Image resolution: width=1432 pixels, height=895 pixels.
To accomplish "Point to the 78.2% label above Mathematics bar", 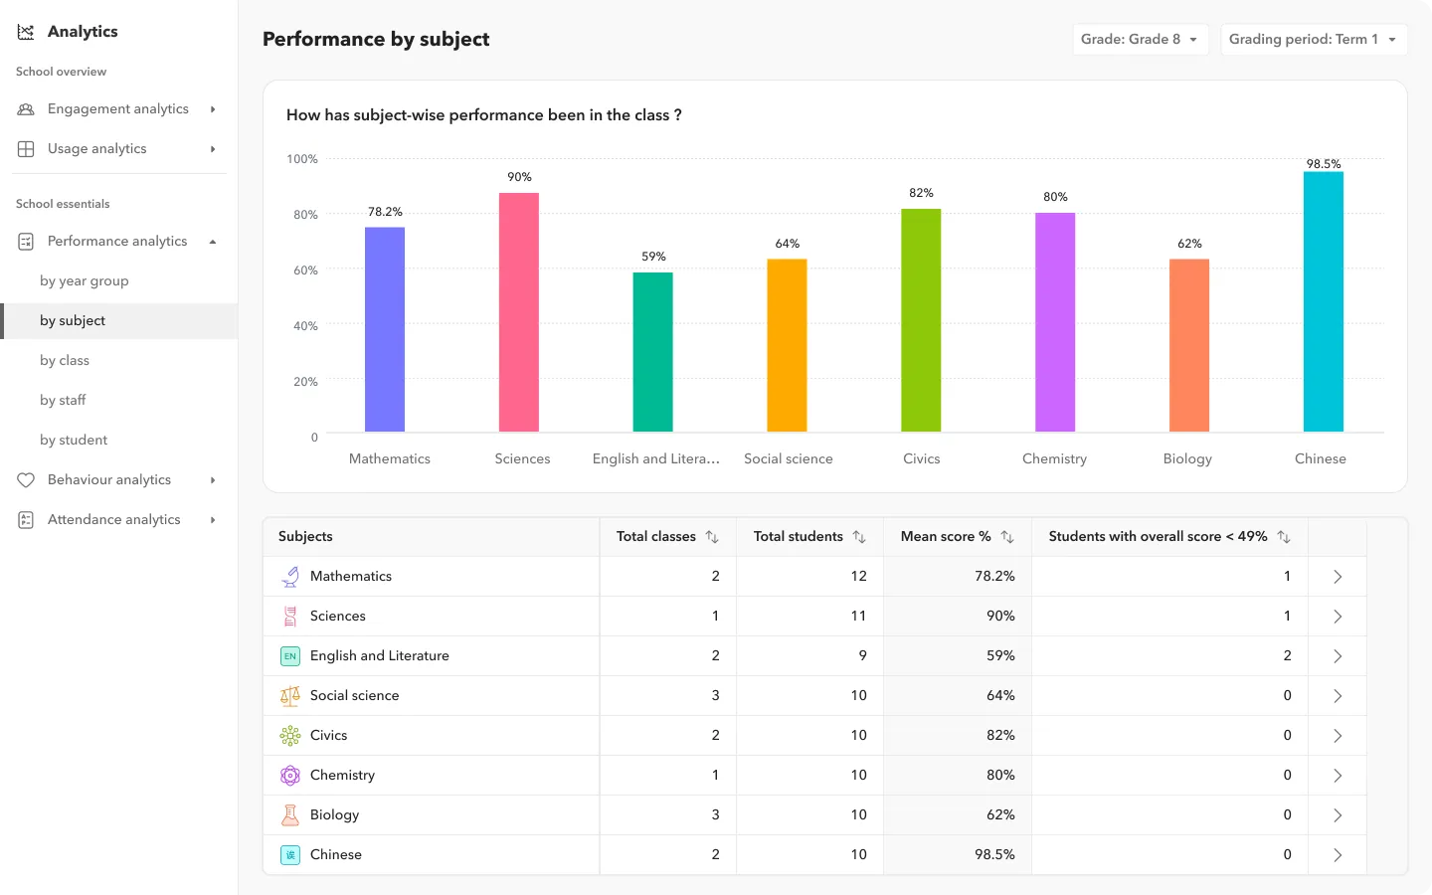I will coord(385,212).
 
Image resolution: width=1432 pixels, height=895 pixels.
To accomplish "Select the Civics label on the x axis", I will coord(921,458).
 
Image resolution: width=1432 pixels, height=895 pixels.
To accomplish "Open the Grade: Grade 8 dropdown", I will coord(1140,40).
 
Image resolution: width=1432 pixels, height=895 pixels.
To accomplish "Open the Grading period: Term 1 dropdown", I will coord(1313,40).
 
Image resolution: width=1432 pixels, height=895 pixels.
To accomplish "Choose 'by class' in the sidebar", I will coord(65,360).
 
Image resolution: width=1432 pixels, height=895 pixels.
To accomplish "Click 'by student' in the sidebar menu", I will coord(74,440).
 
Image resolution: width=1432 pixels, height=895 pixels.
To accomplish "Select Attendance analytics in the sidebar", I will coord(114,519).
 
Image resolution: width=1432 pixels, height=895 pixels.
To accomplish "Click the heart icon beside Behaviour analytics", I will coord(26,480).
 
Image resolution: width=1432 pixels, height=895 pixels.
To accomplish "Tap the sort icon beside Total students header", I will coord(859,537).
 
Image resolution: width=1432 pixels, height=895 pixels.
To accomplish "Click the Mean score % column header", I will coord(945,536).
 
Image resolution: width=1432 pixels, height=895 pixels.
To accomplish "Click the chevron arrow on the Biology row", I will coord(1338,815).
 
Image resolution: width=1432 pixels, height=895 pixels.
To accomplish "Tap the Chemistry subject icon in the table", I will coord(290,775).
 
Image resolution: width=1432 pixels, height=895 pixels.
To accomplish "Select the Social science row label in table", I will coord(354,695).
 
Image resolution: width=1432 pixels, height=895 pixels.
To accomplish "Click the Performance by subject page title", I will coord(376,39).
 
